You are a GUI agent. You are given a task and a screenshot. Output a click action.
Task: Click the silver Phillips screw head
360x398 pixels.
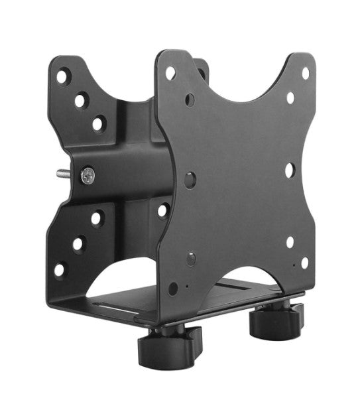88,176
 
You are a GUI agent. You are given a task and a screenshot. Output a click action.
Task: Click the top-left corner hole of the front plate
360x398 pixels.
171,72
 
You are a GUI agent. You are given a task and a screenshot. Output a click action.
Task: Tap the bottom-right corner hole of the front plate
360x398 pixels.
304,262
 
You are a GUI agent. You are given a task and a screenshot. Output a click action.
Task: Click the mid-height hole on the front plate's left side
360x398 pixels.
191,178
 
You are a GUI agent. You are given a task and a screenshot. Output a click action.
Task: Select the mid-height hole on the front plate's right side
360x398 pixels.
290,169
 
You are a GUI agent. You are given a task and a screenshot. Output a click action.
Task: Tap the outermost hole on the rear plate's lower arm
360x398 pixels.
60,270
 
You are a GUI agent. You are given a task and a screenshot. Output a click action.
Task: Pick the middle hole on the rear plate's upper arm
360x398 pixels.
80,101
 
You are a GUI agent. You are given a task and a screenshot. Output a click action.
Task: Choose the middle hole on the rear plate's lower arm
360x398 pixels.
78,243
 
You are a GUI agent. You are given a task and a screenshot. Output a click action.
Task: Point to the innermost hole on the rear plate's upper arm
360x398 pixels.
98,122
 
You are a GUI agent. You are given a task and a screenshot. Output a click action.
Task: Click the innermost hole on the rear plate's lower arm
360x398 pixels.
97,218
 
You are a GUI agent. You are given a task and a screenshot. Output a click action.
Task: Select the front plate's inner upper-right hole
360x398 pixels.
290,98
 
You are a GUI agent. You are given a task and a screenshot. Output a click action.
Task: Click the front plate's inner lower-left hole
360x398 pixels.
191,257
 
